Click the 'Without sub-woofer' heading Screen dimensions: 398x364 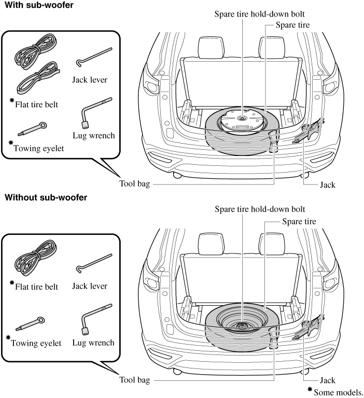pos(46,197)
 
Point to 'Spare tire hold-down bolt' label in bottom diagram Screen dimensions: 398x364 pos(259,209)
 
